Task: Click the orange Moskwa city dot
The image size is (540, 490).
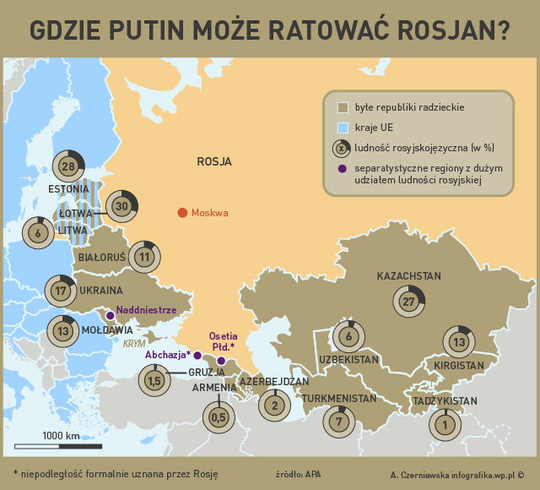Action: [182, 213]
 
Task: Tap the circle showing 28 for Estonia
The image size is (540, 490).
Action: [69, 166]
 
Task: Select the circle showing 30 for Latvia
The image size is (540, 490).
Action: [122, 206]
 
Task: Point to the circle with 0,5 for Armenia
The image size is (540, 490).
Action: [219, 416]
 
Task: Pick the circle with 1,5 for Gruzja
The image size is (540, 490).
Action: [154, 382]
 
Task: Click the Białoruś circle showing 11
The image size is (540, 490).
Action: [144, 257]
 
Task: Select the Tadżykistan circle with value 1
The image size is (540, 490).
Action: [445, 425]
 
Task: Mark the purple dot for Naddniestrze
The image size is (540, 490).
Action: [110, 316]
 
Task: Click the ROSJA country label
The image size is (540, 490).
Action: [213, 161]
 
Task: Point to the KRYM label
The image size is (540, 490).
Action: [134, 345]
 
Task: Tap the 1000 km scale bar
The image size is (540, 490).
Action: [60, 445]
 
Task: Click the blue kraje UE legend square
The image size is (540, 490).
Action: [343, 127]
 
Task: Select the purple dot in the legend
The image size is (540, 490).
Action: [343, 168]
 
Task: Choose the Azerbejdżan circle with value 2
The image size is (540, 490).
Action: [274, 406]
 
